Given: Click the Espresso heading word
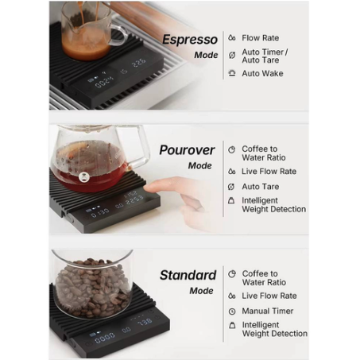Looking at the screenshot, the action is pos(190,40).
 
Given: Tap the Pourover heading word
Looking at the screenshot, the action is pos(187,150).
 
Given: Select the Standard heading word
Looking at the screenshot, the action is pos(188,275).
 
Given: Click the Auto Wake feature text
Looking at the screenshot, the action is pos(262,73).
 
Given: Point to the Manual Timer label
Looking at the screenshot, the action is pos(268,311).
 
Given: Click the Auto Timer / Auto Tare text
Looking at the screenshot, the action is pos(265,56).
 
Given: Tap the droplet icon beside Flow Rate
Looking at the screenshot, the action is pos(232,38).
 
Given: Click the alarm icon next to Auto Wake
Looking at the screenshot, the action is pos(232,73).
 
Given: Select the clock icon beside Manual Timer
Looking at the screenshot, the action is pos(232,312).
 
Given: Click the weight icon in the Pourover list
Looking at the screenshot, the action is pos(231,200).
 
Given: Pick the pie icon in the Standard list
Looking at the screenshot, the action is pos(232,274).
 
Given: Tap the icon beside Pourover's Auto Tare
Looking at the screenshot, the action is pos(231,187).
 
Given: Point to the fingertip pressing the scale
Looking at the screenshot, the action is pos(149,187).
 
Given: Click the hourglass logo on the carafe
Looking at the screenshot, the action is pos(84,177).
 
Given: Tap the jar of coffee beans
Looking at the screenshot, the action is pos(92,284).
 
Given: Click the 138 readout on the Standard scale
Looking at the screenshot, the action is pos(145,323).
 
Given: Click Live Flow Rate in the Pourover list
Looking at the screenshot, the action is pos(269,172).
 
